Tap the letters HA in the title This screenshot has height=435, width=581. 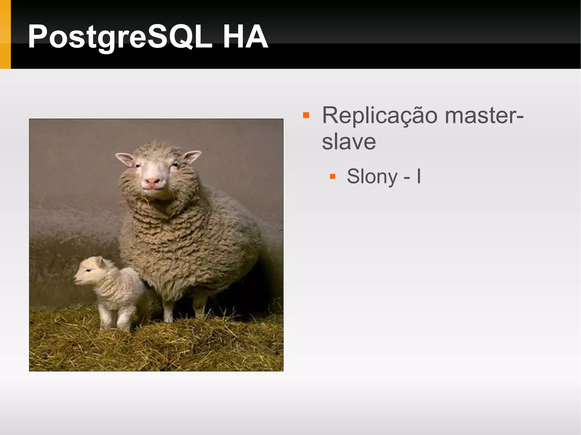245,37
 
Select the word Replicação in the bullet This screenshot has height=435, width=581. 380,116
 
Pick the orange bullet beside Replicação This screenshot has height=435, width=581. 306,115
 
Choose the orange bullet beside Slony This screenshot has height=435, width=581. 332,177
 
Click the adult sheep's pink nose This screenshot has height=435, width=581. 152,181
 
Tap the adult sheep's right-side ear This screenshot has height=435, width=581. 192,156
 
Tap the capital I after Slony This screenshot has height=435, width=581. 418,176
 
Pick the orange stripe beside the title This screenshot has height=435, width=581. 5,34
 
